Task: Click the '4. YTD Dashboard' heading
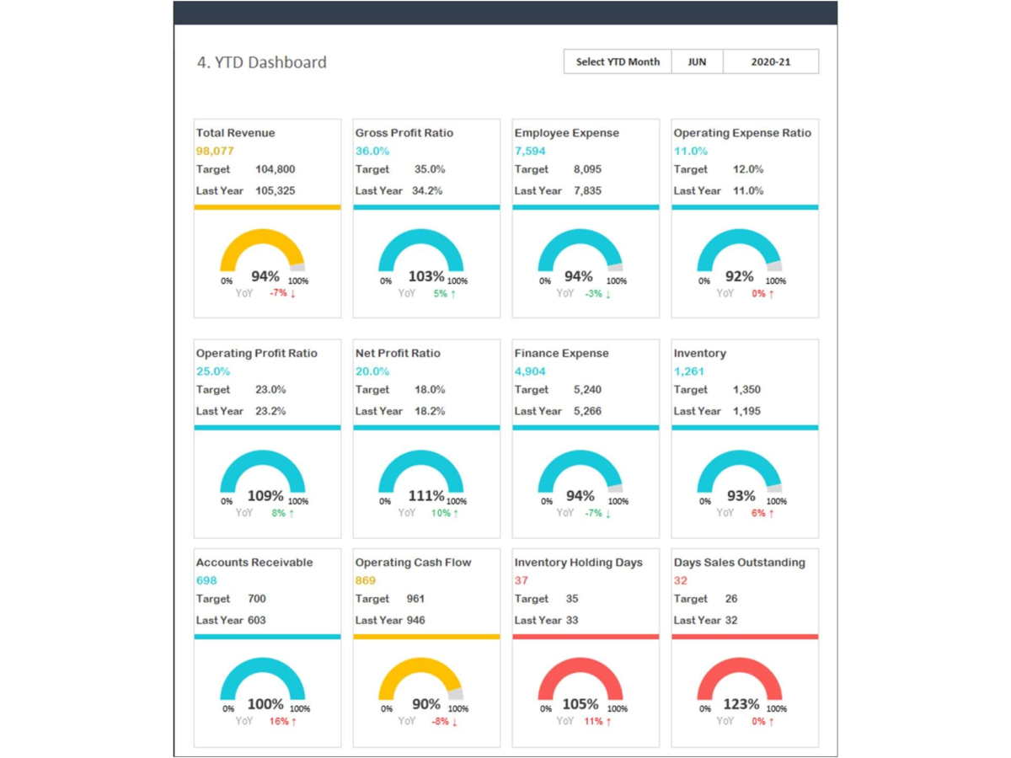(262, 62)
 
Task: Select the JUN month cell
(697, 61)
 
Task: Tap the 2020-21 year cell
(770, 61)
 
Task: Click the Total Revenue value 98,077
(215, 152)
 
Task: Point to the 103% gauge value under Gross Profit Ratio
(426, 276)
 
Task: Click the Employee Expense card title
(566, 133)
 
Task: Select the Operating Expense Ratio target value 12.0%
(748, 169)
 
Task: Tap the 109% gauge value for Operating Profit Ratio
(265, 496)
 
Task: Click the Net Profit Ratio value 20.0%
(372, 371)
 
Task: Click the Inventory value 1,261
(689, 371)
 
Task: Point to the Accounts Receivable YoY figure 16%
(279, 722)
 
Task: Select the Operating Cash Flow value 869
(366, 580)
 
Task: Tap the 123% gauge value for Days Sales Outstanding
(741, 704)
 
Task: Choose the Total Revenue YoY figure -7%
(279, 293)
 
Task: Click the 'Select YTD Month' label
(618, 61)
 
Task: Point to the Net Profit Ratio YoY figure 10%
(441, 513)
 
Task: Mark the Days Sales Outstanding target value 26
(731, 599)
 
